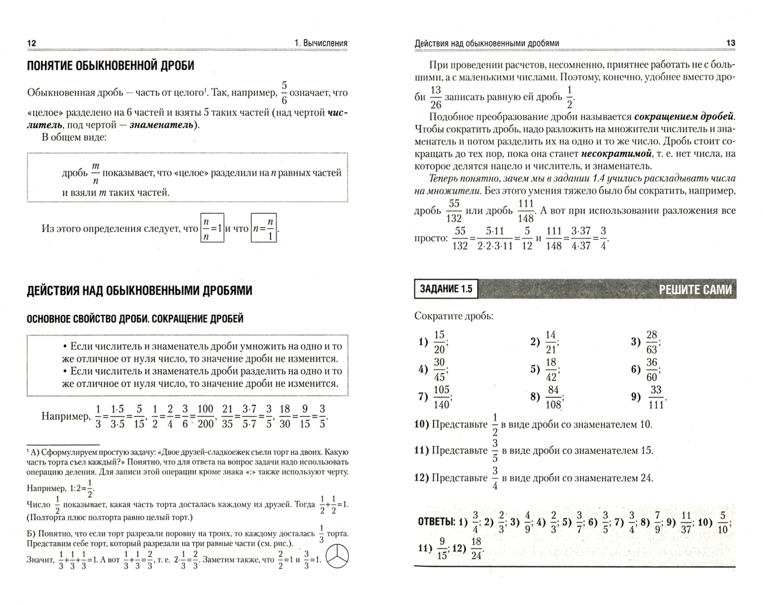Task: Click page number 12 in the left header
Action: click(x=31, y=43)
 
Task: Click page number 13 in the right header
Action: click(x=731, y=43)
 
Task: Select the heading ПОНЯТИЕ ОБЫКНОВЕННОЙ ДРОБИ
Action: click(x=110, y=66)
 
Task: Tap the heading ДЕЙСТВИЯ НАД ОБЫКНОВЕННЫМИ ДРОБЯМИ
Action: click(x=139, y=290)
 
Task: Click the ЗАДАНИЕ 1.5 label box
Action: click(x=446, y=289)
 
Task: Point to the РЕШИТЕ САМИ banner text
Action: click(x=695, y=289)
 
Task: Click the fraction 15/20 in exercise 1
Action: click(x=439, y=342)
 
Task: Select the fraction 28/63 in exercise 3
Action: click(x=652, y=342)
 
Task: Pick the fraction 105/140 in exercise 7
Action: click(x=442, y=397)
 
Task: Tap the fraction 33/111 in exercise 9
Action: click(x=656, y=397)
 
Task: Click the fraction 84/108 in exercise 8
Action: click(x=553, y=397)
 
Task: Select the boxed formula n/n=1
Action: click(x=212, y=228)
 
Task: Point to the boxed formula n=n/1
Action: click(x=264, y=228)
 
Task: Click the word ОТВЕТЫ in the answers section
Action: click(x=436, y=522)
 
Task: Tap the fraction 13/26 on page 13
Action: click(x=436, y=97)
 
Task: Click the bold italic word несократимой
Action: click(x=616, y=153)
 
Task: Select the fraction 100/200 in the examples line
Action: click(x=205, y=416)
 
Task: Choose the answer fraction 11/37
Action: click(x=686, y=522)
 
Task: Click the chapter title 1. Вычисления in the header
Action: click(x=321, y=43)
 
